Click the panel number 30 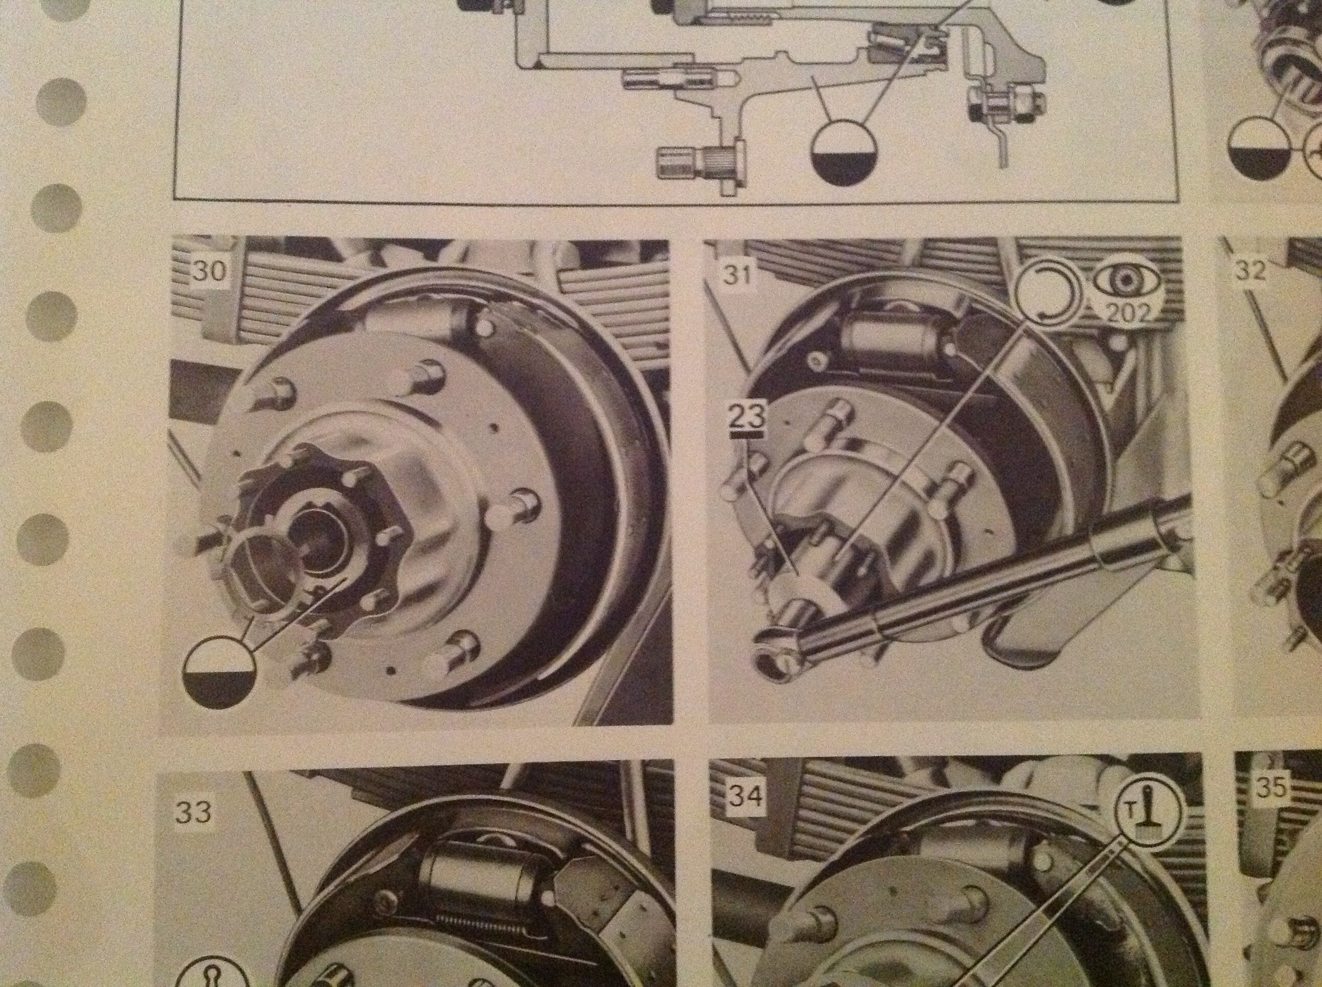coord(210,271)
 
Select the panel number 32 coord(1250,271)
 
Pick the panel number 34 coord(745,796)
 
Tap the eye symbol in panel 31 coord(1125,281)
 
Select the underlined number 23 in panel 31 coord(745,416)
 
